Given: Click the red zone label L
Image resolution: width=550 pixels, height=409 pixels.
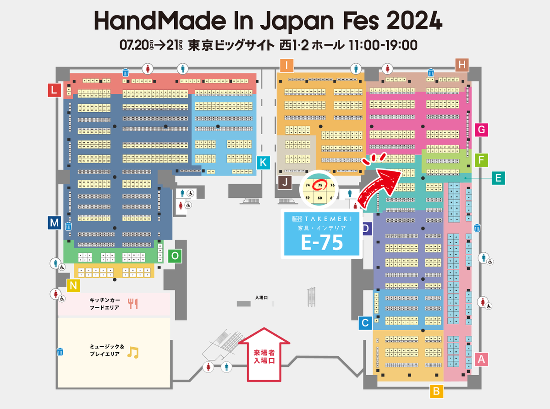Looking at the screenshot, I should point(55,90).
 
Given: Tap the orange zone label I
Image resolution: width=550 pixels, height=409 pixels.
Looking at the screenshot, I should point(286,66).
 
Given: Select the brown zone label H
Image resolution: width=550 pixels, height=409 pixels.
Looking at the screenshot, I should point(462,65).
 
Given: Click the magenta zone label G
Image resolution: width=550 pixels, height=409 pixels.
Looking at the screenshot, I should point(481,130).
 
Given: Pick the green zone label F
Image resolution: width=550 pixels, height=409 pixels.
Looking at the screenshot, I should point(481,160).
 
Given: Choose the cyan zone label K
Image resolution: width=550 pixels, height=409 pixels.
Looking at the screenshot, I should point(263,163).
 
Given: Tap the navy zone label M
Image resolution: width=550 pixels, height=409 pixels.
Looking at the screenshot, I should point(55,223).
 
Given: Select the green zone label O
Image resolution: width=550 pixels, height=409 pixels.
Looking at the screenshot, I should point(175,256).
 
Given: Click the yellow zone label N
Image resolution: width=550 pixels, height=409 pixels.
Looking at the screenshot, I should point(73,286).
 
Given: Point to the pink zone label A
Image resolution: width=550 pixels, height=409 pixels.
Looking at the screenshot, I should point(481,359).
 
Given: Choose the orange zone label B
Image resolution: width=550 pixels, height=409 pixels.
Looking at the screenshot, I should point(436,391).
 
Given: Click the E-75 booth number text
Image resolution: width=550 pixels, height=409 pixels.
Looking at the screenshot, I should point(321,243).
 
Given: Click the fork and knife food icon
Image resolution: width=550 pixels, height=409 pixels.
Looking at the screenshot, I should point(133,303).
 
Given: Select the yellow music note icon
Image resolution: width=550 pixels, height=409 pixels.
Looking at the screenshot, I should point(132,352).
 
